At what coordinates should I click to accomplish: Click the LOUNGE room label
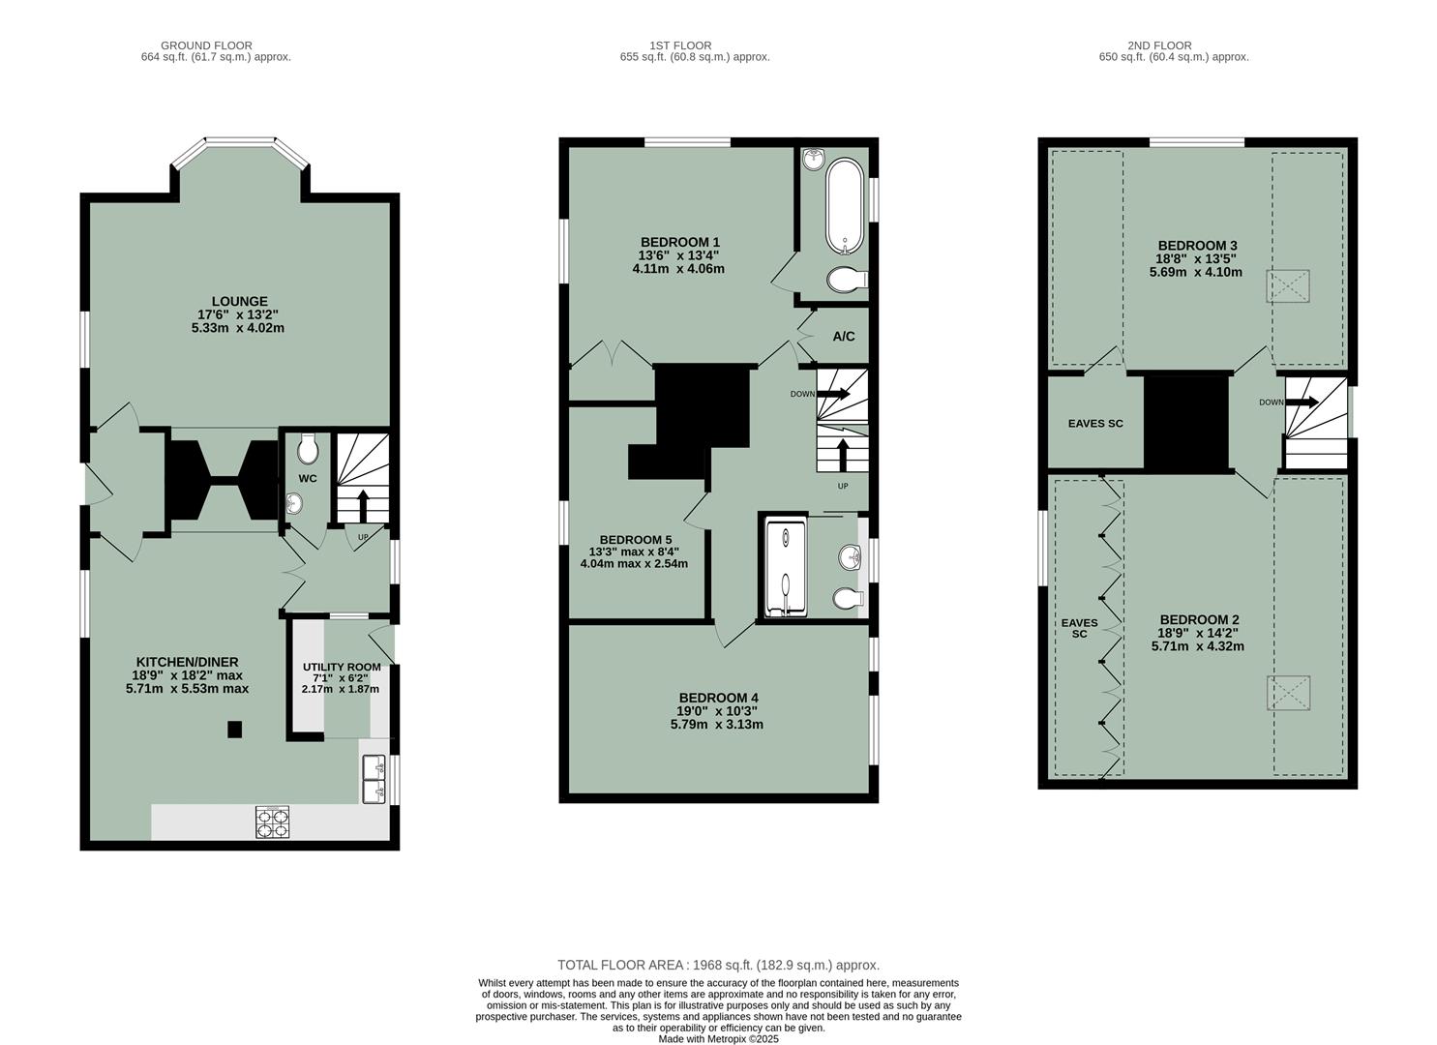click(239, 302)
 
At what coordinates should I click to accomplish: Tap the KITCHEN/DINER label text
click(187, 662)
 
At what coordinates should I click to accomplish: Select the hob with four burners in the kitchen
click(272, 821)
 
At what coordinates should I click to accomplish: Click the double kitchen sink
click(374, 780)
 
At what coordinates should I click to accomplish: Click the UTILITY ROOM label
click(341, 667)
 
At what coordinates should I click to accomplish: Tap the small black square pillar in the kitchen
click(234, 730)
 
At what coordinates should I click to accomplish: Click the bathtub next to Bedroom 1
click(840, 205)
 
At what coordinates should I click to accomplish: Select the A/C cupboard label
click(844, 337)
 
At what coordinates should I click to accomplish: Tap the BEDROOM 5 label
click(635, 540)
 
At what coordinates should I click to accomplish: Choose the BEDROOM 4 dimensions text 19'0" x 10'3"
click(716, 711)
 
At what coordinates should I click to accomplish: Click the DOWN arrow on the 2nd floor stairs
click(1302, 403)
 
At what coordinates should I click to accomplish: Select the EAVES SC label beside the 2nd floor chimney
click(1095, 424)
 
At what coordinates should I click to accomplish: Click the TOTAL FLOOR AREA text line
click(718, 965)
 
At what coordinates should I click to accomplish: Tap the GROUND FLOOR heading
click(206, 45)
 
